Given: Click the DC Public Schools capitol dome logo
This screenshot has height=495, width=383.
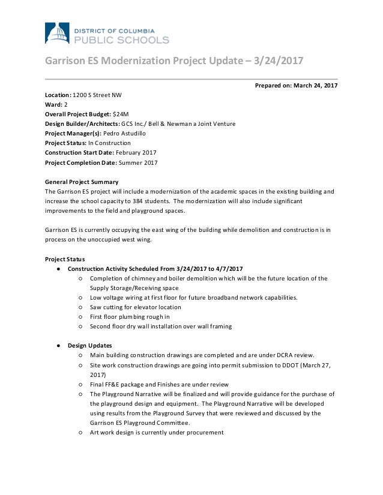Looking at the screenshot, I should coord(57,34).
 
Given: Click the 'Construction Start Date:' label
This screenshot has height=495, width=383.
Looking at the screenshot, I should coord(79,152).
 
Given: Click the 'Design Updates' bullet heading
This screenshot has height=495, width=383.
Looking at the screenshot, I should coord(89,345).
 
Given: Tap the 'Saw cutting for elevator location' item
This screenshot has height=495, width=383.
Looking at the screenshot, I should coord(135,307).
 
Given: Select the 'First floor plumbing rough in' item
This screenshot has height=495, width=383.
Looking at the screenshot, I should coord(130,316).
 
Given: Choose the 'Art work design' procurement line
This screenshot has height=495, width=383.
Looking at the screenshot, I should coord(156,432).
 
